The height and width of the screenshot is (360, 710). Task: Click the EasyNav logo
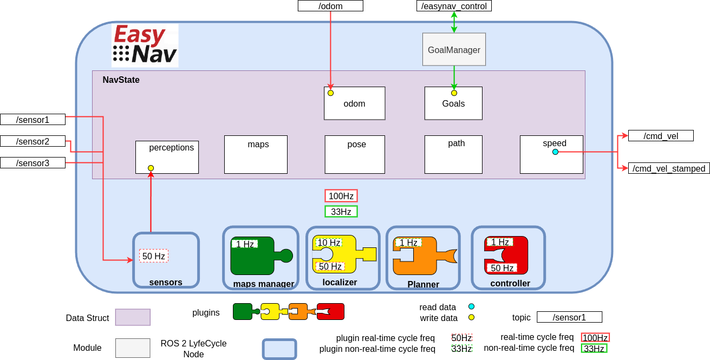[x=145, y=45]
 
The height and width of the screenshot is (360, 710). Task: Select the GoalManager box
[x=454, y=50]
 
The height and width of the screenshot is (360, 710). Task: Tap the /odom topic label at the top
[x=330, y=6]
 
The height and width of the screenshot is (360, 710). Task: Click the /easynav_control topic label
[x=454, y=6]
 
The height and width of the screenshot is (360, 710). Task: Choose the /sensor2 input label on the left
[x=32, y=141]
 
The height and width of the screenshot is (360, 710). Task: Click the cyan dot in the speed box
[x=555, y=152]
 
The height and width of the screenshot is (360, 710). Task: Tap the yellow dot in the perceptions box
[x=151, y=168]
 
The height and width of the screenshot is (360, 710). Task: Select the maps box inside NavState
[x=256, y=154]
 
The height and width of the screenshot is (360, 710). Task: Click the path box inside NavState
[x=453, y=154]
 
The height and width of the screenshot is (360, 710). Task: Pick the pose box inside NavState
[x=355, y=154]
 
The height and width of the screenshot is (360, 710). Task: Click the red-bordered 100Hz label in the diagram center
[x=341, y=196]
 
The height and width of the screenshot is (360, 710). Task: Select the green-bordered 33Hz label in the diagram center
[x=341, y=212]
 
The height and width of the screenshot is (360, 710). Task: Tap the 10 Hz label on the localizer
[x=329, y=243]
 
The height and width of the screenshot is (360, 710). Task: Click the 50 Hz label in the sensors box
[x=154, y=256]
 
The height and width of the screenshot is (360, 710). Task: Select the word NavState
[x=121, y=80]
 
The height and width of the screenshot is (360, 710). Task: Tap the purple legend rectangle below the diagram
[x=133, y=317]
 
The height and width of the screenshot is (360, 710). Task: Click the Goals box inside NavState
[x=453, y=103]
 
